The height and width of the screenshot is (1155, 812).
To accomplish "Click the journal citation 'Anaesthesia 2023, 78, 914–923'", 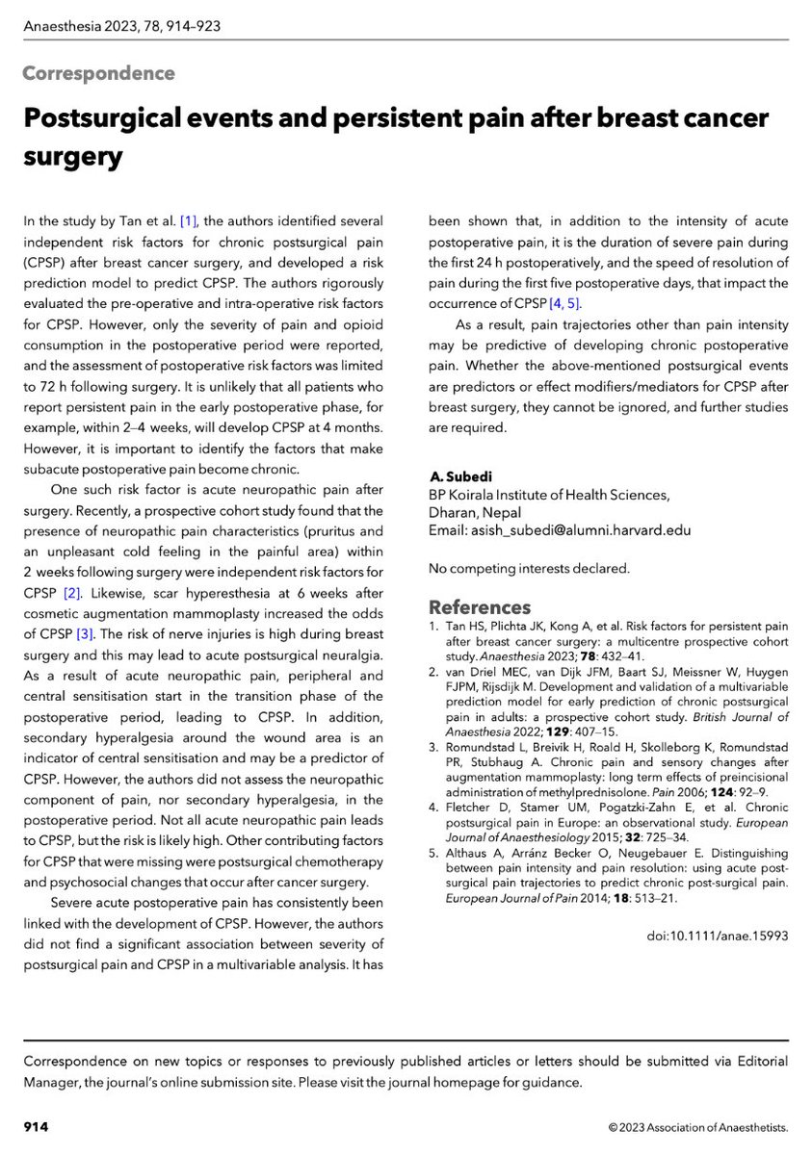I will [122, 26].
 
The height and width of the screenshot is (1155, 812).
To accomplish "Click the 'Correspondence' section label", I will [98, 74].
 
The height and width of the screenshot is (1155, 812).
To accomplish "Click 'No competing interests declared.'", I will [528, 569].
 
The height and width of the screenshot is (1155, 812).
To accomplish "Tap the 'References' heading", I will [479, 607].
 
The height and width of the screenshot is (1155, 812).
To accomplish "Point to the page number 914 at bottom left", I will [36, 1126].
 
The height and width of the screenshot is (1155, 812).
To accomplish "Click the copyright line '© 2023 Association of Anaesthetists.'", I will [697, 1126].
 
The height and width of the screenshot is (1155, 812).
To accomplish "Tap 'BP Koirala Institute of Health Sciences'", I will [547, 495].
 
